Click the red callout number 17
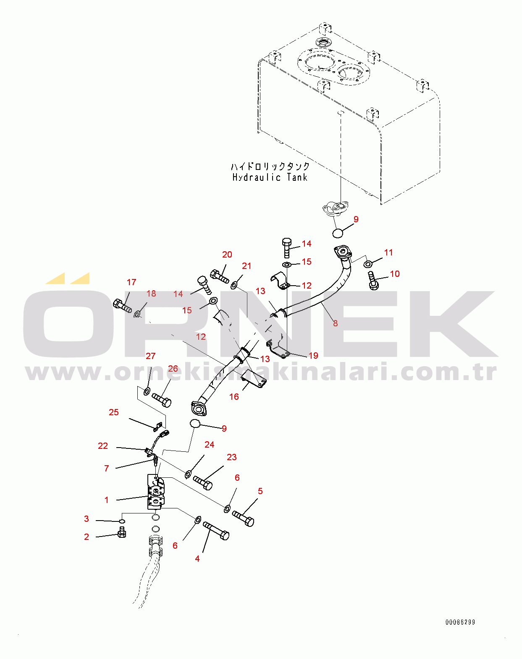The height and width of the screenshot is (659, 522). click(x=131, y=282)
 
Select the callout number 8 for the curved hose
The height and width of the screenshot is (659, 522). click(x=335, y=323)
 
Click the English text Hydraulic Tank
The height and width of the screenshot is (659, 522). click(x=270, y=177)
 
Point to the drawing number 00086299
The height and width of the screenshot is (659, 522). click(x=460, y=622)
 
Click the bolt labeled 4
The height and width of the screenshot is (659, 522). click(x=216, y=531)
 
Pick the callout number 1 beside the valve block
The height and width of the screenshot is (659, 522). click(x=107, y=500)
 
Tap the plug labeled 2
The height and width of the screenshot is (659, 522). click(x=122, y=533)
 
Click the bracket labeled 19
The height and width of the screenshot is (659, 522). click(x=279, y=350)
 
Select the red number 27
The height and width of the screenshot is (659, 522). click(x=150, y=356)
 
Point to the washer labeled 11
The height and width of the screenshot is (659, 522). click(x=367, y=264)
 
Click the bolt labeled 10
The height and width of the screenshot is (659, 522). click(x=372, y=280)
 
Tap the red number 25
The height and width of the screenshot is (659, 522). click(x=114, y=412)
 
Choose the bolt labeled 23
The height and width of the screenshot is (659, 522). click(x=203, y=482)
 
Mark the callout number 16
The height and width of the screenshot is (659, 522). click(x=234, y=397)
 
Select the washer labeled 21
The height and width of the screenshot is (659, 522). click(x=234, y=285)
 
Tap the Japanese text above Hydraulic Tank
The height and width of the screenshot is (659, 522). click(x=270, y=166)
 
